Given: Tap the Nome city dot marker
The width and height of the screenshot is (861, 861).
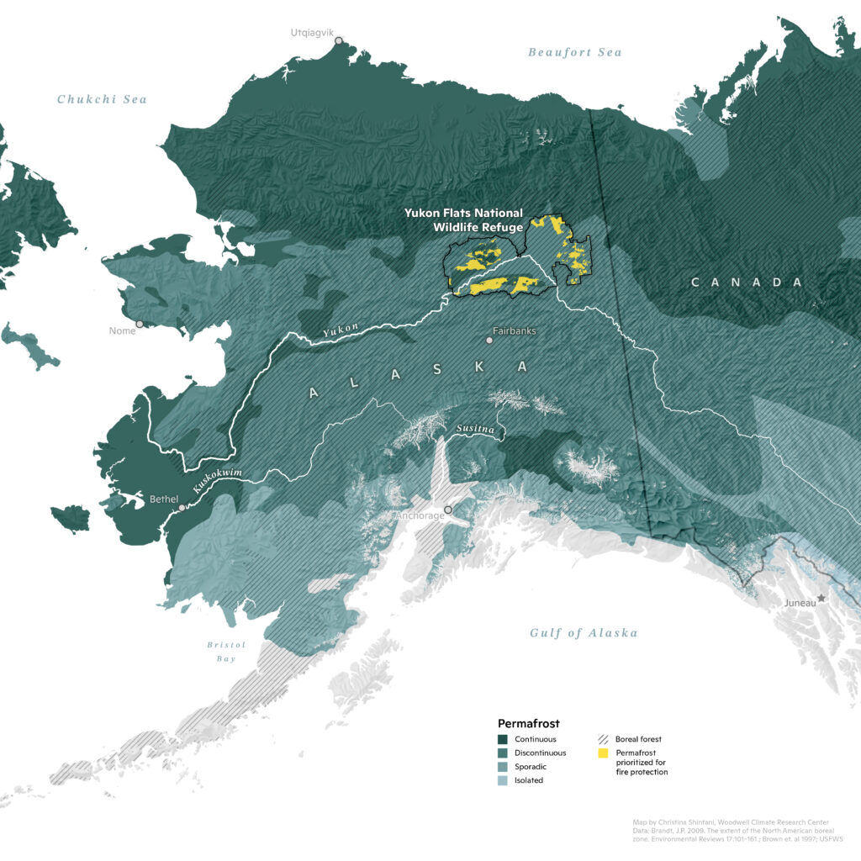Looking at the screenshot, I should [140, 324].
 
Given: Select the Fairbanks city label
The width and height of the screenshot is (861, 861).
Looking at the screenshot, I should [515, 330].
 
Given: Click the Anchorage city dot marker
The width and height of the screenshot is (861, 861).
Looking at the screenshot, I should [448, 510].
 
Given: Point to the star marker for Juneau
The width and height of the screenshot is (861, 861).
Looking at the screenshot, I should [821, 598].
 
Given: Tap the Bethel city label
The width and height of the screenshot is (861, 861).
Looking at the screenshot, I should [164, 499].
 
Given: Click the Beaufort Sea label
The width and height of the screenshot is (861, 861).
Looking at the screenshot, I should [574, 52].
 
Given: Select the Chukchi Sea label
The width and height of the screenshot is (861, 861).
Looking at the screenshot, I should [102, 99].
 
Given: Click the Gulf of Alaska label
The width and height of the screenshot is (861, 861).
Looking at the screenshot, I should [584, 633].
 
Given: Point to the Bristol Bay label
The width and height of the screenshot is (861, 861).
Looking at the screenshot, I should [226, 652].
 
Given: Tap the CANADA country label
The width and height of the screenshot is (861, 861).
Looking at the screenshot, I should [747, 283].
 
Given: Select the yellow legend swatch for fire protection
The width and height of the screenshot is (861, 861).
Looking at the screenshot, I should [603, 753].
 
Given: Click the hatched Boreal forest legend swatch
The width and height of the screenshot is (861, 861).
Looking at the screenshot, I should [603, 739].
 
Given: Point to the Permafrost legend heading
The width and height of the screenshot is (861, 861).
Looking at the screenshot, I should [528, 722].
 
